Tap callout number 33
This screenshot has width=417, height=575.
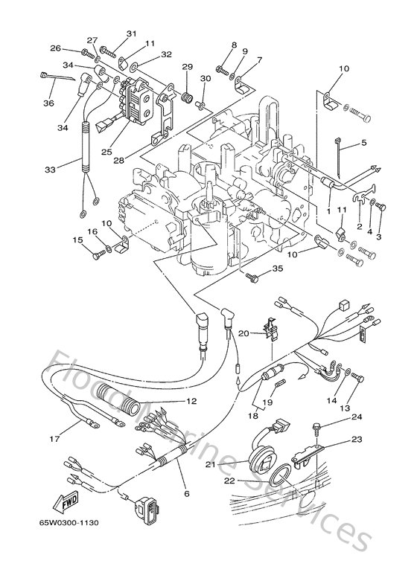coord(50,170)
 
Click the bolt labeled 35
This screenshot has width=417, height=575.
coord(251,276)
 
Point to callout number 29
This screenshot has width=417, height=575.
coord(187,68)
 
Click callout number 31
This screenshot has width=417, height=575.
coord(131,33)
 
